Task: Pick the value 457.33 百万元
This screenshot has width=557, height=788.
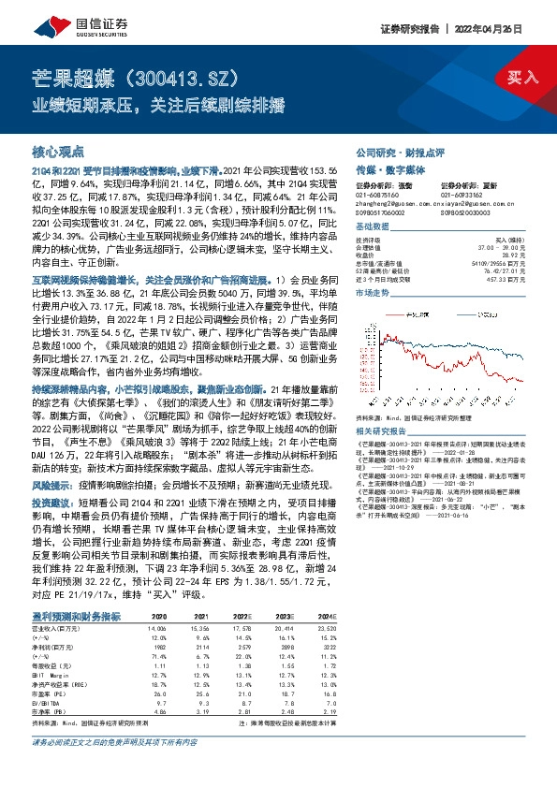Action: pyautogui.click(x=508, y=279)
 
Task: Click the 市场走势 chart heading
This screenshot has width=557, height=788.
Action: pyautogui.click(x=373, y=294)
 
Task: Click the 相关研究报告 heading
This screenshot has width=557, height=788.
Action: pyautogui.click(x=382, y=430)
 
